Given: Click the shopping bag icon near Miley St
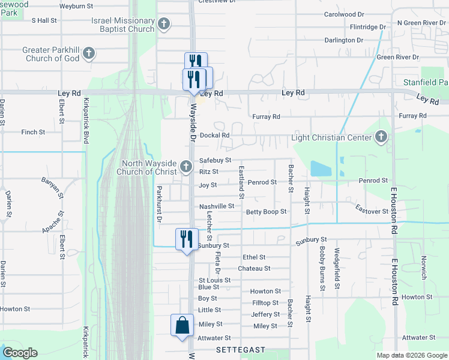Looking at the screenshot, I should tap(182, 326).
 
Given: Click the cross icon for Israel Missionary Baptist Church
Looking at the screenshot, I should tap(164, 25).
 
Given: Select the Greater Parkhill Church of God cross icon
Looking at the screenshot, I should tap(89, 54).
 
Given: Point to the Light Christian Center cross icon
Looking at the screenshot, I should tap(381, 137).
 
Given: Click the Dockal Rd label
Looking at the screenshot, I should tap(215, 136).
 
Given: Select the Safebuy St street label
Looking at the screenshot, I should tap(215, 160).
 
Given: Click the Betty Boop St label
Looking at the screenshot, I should tap(266, 212).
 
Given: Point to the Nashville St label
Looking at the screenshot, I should tap(216, 206).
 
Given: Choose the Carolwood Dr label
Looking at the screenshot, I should tap(344, 14).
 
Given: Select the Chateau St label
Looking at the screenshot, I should tap(254, 268).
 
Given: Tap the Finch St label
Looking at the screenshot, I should tap(33, 132).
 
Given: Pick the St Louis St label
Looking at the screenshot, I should tap(214, 280).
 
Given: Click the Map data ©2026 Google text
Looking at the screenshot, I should tap(412, 355).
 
